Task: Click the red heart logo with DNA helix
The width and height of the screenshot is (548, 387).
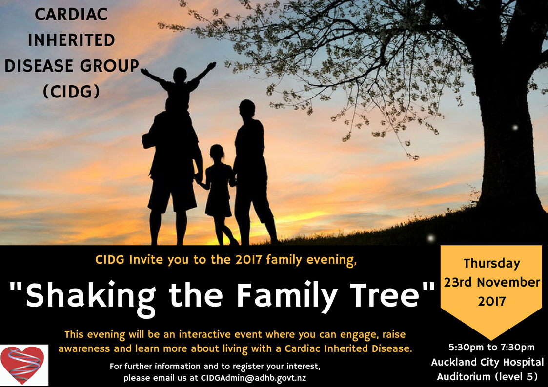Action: point(23,365)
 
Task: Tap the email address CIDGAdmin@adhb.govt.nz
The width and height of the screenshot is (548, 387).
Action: point(253,378)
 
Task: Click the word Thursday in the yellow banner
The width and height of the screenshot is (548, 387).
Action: point(492,264)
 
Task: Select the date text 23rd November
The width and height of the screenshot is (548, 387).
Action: point(492,282)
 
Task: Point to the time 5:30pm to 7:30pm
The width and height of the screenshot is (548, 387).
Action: point(492,348)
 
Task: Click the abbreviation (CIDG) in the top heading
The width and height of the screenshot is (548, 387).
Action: point(71,92)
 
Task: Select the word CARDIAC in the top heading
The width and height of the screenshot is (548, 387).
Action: point(71,14)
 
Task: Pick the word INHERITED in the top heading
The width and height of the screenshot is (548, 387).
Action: point(71,40)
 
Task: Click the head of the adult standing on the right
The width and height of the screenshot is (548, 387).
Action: point(247,109)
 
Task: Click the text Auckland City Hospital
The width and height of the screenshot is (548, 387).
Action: point(487,362)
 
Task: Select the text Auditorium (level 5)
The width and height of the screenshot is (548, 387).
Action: point(487,377)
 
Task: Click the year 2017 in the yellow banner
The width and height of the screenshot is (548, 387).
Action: point(492,301)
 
